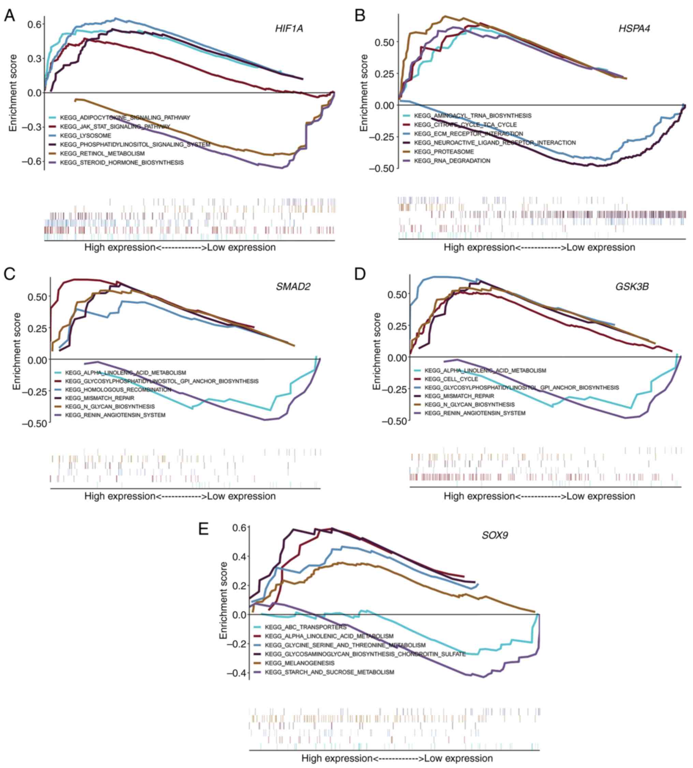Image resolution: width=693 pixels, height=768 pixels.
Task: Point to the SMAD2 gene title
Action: [x=293, y=287]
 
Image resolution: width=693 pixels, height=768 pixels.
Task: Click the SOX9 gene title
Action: [x=495, y=535]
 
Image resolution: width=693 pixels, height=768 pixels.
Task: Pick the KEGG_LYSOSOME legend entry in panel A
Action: [x=85, y=135]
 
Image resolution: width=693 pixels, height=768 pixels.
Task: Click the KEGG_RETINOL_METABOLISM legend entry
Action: [x=102, y=154]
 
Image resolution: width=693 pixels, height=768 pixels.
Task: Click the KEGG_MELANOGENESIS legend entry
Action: [x=299, y=663]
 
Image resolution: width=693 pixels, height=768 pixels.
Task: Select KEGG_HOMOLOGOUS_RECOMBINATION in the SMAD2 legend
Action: [x=118, y=390]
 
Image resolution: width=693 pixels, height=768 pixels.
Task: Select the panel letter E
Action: [x=204, y=529]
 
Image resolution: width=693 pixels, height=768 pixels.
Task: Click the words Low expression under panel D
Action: [x=601, y=496]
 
